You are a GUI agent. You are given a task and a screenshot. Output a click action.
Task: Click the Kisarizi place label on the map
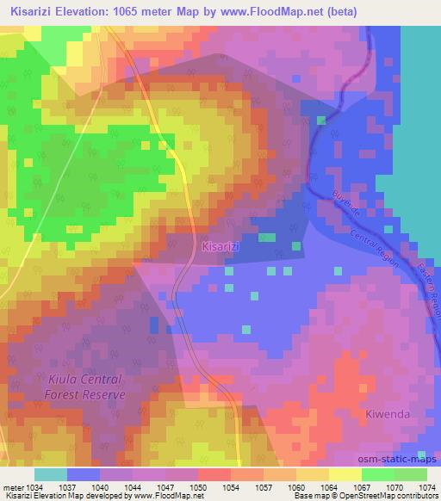click(219, 247)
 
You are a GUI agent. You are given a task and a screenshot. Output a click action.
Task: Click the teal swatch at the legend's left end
click(51, 474)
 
